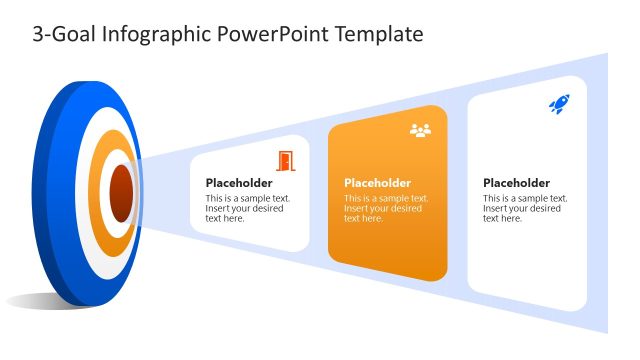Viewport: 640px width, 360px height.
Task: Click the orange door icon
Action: (x=286, y=160)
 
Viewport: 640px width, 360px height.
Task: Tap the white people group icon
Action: (x=420, y=131)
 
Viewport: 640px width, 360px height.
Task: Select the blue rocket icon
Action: (x=558, y=103)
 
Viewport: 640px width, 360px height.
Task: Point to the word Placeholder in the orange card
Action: (x=377, y=183)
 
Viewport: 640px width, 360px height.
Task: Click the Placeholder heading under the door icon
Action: (x=239, y=183)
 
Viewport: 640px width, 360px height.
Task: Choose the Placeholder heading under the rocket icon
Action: (x=516, y=183)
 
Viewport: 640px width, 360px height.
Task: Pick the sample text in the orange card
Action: (x=383, y=208)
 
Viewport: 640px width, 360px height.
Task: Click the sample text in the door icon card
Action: (x=246, y=208)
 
